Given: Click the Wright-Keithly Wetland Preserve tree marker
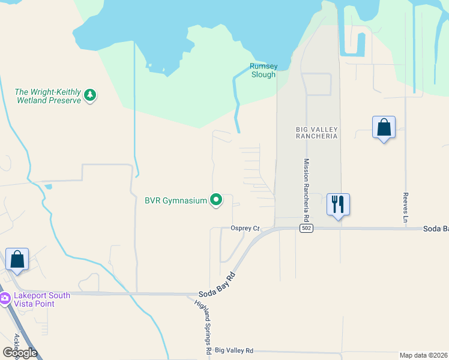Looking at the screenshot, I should click(x=90, y=95).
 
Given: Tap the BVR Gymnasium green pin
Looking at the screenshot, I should click(x=217, y=200).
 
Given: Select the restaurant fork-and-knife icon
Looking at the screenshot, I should click(x=338, y=205).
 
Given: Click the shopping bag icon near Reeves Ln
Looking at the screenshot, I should click(x=384, y=128).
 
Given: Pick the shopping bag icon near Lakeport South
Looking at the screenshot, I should click(x=17, y=260).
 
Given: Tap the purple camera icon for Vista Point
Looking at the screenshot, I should click(x=4, y=298).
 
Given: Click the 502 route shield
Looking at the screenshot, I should click(x=306, y=228).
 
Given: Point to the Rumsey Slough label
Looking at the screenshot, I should click(x=263, y=71).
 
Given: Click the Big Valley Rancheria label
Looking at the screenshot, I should click(x=317, y=133).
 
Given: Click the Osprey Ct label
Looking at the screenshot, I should click(x=245, y=229).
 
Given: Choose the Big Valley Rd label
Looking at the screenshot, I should click(x=234, y=350).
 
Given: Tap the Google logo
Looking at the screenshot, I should click(x=19, y=353).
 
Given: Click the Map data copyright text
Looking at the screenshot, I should click(x=424, y=355).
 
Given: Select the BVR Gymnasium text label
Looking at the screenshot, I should click(x=175, y=200).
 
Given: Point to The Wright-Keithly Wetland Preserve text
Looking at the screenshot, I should click(x=47, y=96).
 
